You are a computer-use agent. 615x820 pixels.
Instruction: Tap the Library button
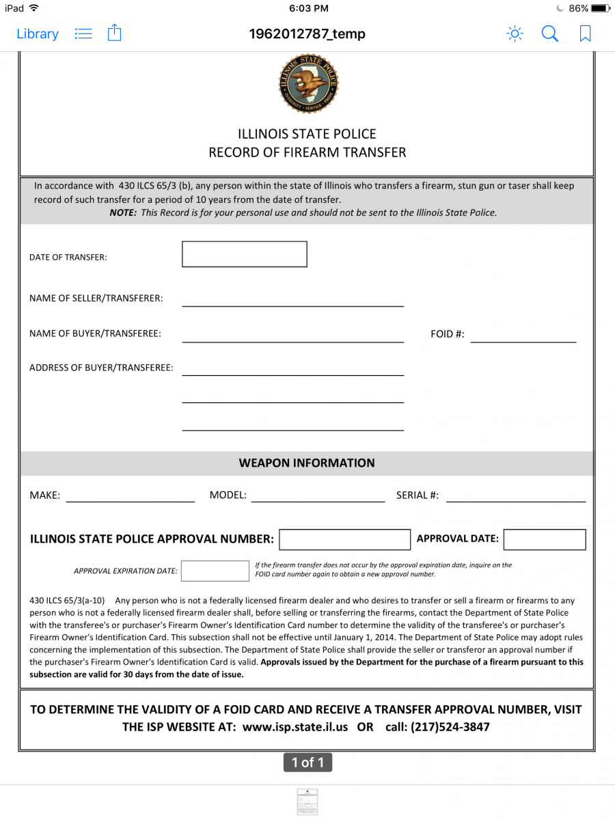click(38, 33)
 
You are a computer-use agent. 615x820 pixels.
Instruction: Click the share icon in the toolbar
click(115, 33)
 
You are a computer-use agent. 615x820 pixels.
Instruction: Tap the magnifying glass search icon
click(549, 33)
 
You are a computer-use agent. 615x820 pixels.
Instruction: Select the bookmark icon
click(585, 33)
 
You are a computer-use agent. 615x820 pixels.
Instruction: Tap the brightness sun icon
click(515, 33)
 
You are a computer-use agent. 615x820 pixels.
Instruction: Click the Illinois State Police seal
click(307, 84)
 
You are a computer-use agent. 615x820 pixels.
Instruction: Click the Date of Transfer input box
click(244, 254)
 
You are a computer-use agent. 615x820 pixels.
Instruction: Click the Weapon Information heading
click(307, 463)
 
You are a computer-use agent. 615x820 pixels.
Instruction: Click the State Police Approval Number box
click(344, 539)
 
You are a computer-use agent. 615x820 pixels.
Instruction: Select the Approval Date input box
click(544, 539)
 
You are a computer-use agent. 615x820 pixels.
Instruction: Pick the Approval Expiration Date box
click(215, 571)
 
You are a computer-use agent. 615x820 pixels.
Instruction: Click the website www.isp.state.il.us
click(295, 727)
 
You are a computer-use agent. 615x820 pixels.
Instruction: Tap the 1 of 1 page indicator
click(307, 762)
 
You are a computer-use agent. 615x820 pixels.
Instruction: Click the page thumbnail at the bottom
click(307, 802)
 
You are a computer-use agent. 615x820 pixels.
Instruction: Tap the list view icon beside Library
click(83, 33)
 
